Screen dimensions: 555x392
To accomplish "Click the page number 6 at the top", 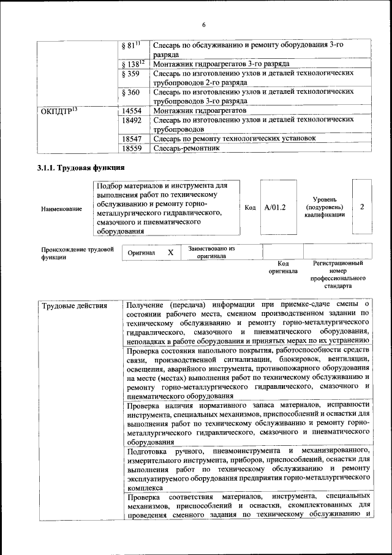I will [x=204, y=25].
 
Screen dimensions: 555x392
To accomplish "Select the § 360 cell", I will [x=131, y=92].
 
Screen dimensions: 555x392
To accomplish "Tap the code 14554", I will [x=133, y=110].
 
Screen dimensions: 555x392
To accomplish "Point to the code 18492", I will [x=133, y=120].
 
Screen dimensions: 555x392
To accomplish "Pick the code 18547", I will [x=133, y=139].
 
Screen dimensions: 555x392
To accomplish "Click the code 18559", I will [x=133, y=148].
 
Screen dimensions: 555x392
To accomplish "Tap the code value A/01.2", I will [x=275, y=207].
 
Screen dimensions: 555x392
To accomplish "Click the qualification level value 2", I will [x=362, y=207].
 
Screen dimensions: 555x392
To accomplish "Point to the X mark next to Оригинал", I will [x=171, y=253].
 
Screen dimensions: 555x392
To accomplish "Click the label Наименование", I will [x=61, y=209].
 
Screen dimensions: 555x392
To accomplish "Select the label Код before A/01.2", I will [x=250, y=208].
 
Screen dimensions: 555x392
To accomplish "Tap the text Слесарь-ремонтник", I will [x=184, y=148].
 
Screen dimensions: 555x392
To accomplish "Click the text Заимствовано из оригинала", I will [x=211, y=253].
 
